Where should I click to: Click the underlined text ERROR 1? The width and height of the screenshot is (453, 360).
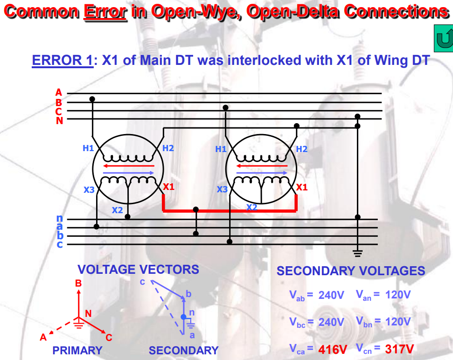click(x=62, y=61)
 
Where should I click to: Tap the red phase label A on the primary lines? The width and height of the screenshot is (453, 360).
click(x=59, y=93)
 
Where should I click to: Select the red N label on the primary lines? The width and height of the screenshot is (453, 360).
click(x=59, y=120)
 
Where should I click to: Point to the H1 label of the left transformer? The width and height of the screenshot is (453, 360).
click(x=88, y=148)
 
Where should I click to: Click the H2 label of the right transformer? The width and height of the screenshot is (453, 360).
click(x=302, y=149)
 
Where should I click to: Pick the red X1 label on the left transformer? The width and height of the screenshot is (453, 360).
click(x=169, y=187)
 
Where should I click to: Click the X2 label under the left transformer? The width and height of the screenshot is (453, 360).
click(x=117, y=210)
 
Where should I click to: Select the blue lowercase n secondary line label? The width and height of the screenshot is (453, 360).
click(x=60, y=219)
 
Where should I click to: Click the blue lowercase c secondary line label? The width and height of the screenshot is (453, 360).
click(x=60, y=244)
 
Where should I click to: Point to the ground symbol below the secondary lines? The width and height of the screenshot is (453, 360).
click(x=357, y=253)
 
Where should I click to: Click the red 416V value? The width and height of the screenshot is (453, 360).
click(x=333, y=350)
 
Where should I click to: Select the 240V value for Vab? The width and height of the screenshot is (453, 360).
click(x=331, y=295)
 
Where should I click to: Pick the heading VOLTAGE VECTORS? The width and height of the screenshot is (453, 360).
click(x=138, y=270)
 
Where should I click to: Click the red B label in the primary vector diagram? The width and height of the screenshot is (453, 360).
click(x=79, y=284)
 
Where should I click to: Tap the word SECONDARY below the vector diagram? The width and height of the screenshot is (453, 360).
click(x=184, y=351)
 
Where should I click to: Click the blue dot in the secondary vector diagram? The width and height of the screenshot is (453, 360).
click(x=184, y=316)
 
